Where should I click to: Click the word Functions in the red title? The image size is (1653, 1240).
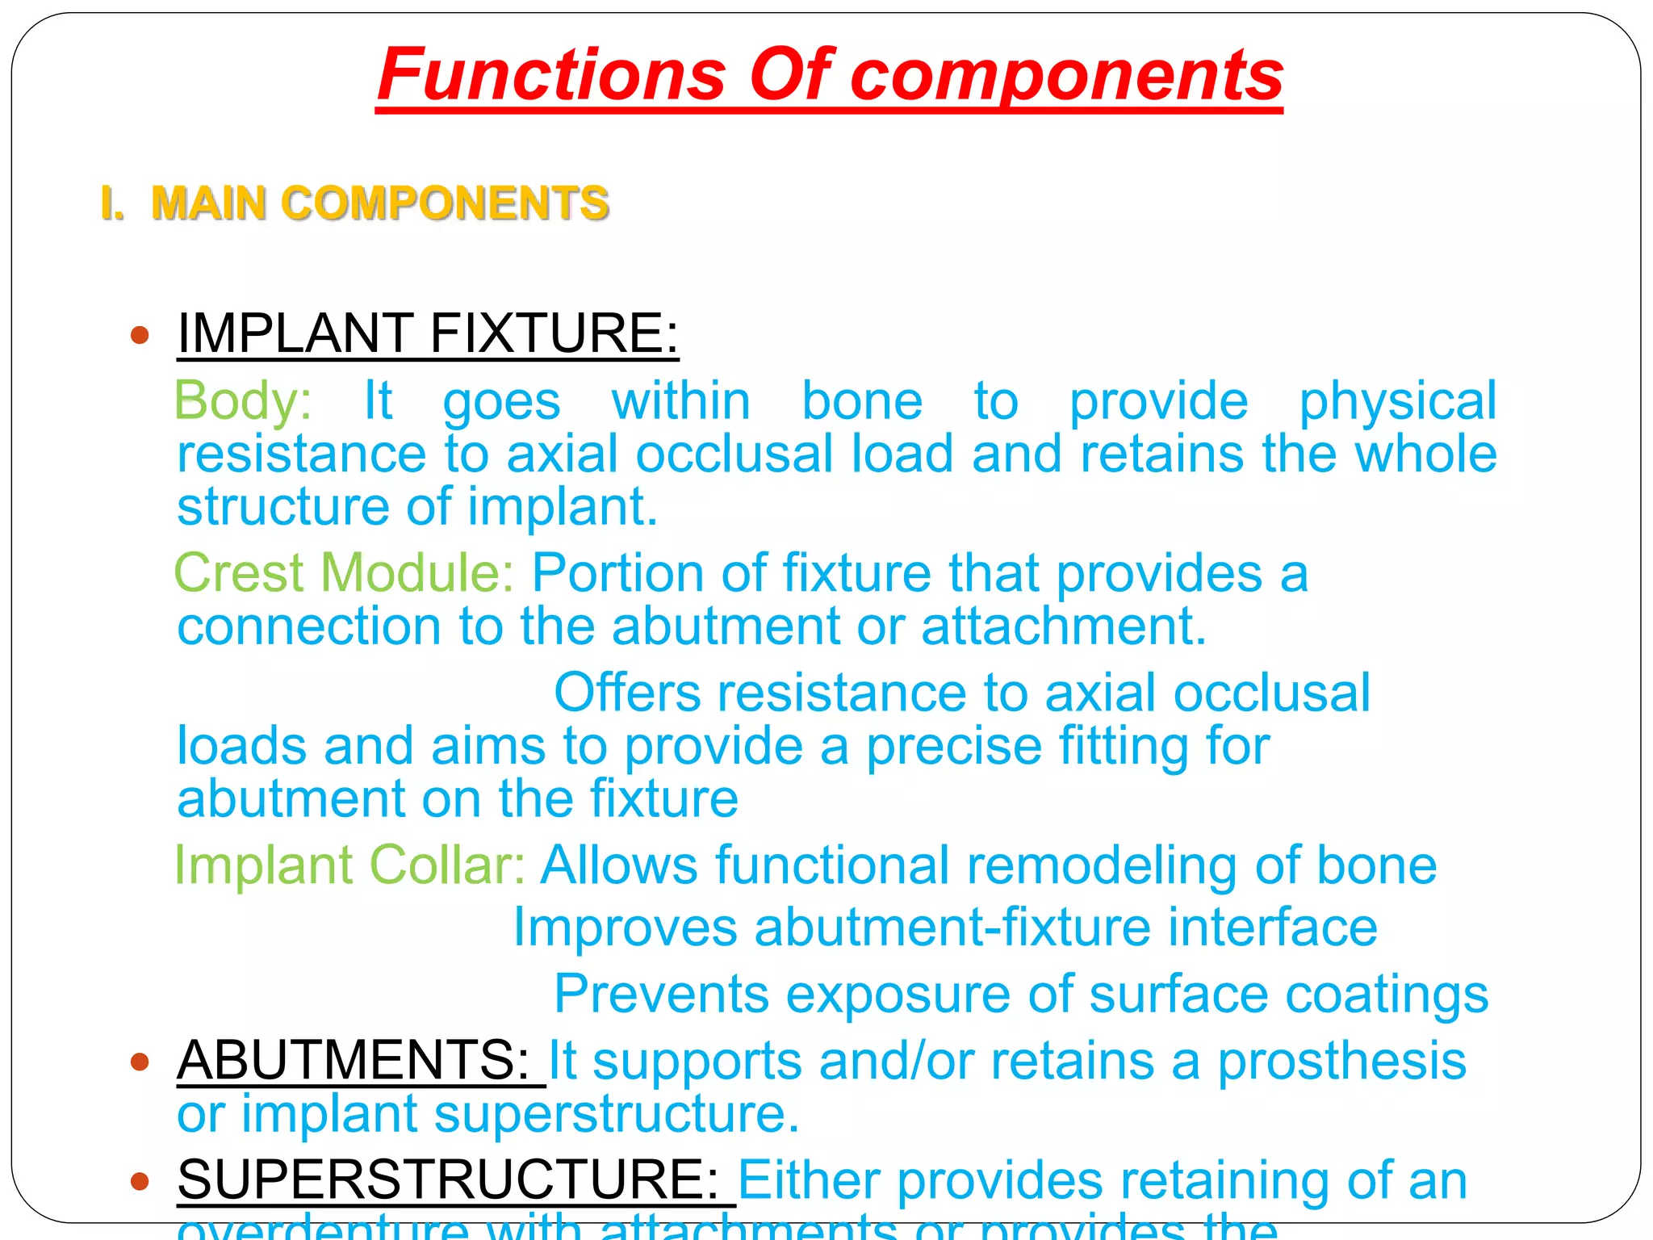[x=552, y=74]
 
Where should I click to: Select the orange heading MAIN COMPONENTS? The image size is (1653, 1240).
[x=379, y=203]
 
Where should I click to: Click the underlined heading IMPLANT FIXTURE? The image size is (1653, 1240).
[x=428, y=333]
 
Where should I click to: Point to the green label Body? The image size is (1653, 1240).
[x=243, y=400]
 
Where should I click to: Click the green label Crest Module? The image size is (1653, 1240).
[x=344, y=572]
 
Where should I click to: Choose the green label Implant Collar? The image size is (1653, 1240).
[x=349, y=865]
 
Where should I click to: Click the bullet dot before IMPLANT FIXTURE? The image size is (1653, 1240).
[x=140, y=334]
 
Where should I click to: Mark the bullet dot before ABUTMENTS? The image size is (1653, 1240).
[x=140, y=1062]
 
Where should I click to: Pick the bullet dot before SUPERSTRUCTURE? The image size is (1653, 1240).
[x=140, y=1181]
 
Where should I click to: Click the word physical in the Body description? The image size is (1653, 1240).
[x=1397, y=400]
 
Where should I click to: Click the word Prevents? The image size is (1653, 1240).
[x=661, y=994]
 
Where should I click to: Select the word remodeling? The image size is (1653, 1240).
[x=1101, y=865]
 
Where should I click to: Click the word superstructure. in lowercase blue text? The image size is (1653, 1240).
[x=617, y=1114]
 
